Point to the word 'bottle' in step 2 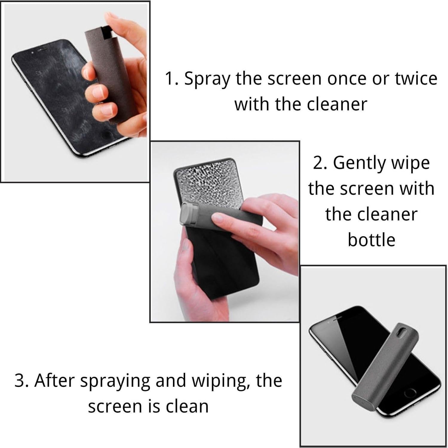point(372,240)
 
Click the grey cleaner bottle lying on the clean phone point(385,367)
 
